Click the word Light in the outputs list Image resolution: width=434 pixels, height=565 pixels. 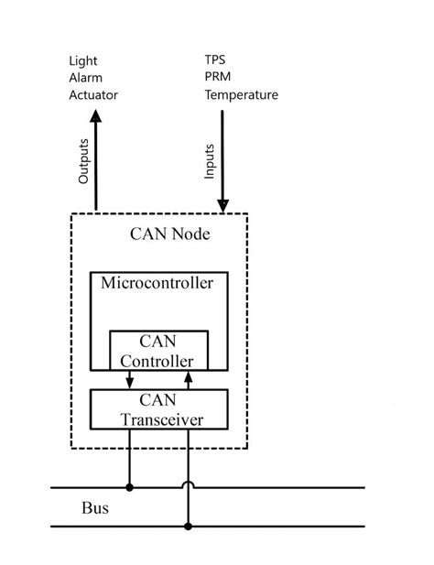[83, 61]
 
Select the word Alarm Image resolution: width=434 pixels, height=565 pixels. [86, 78]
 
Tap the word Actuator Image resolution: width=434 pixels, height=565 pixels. [93, 94]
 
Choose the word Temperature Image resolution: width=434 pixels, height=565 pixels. [242, 94]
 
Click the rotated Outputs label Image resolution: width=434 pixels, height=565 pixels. [83, 161]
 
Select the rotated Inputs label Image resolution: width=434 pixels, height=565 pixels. [210, 161]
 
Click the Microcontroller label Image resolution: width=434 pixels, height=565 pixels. [157, 282]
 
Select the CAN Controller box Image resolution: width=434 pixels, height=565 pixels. [157, 350]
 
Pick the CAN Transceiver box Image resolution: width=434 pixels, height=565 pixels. [157, 409]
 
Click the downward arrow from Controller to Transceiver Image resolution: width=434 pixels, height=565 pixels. [129, 379]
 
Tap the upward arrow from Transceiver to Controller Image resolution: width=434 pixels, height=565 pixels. [189, 379]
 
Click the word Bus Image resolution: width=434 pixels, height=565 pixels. [95, 507]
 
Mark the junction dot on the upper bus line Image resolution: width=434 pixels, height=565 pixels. [129, 487]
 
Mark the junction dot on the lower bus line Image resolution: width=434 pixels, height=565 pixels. [189, 527]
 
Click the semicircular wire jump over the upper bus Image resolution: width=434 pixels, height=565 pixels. [189, 483]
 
